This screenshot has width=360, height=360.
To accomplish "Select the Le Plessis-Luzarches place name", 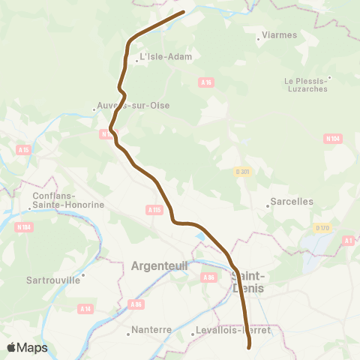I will (x=305, y=84).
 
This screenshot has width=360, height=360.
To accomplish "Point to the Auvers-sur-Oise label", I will (x=133, y=106).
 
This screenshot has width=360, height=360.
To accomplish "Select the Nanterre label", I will (x=151, y=329).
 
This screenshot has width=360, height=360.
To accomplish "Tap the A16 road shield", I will (x=206, y=82).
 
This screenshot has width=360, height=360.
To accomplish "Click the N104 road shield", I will (x=332, y=139).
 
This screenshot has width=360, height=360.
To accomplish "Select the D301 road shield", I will (x=241, y=172).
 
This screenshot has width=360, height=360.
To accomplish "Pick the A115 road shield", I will (x=154, y=210).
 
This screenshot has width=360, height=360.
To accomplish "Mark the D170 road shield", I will (x=322, y=228).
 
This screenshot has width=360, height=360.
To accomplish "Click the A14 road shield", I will (x=85, y=308).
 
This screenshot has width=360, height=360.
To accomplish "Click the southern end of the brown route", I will (x=249, y=346).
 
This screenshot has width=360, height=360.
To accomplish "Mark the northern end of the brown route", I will (x=184, y=12).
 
